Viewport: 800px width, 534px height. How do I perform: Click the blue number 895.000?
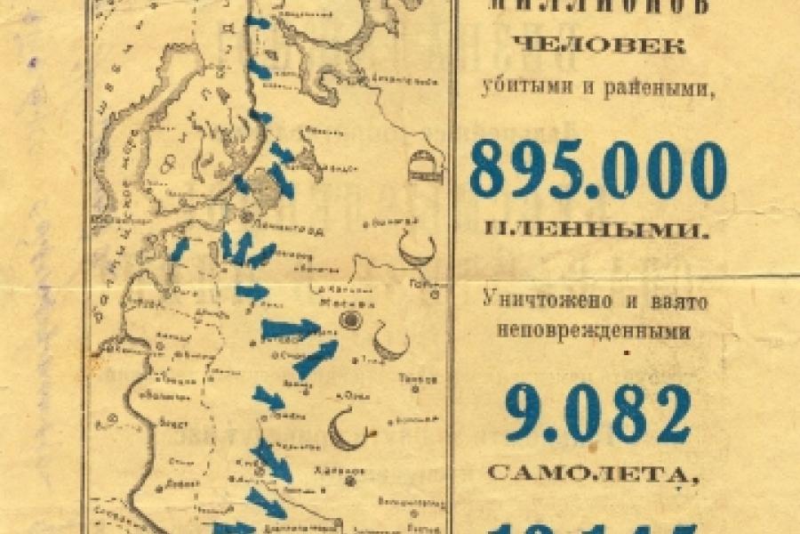597,171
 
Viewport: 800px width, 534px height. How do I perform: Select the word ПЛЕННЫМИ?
597,231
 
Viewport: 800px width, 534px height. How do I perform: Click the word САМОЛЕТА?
597,472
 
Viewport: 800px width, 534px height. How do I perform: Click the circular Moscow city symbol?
352,320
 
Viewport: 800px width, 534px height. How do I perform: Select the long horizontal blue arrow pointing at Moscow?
290,329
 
